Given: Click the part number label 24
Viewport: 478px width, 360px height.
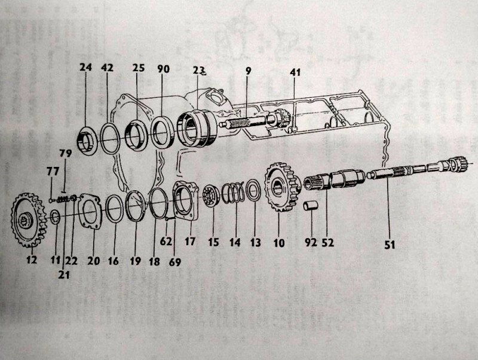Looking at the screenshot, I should pos(86,68).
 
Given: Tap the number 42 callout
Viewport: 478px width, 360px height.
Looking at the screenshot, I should pos(108,68).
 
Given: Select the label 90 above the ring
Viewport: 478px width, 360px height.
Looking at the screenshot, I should pos(163,68).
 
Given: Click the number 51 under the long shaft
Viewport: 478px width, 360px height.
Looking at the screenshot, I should pos(390,244).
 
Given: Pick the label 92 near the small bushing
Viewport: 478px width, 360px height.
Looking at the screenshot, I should pos(310,243).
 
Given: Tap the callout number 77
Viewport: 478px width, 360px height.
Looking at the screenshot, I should pos(53,171).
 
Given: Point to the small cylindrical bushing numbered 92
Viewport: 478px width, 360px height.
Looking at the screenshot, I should pos(308,207).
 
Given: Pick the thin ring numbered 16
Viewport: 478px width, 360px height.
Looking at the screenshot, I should pos(113,208).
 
